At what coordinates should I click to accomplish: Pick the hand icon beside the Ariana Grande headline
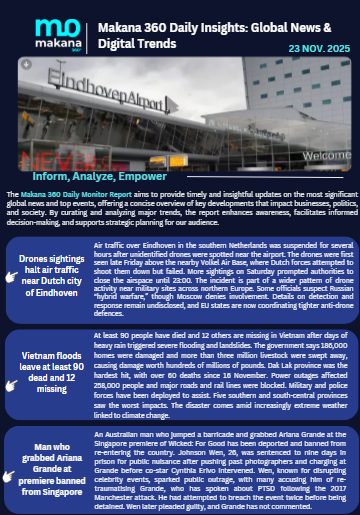point(11,471)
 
